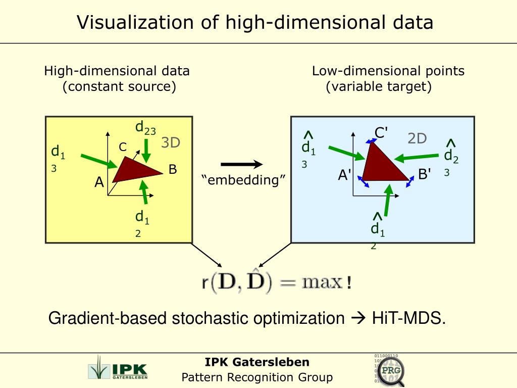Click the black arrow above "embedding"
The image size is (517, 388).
[242, 164]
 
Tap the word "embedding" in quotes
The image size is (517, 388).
[243, 180]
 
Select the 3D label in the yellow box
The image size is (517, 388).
[171, 143]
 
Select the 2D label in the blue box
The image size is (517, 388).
[417, 138]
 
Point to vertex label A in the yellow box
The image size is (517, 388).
[99, 182]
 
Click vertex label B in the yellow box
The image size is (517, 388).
[173, 169]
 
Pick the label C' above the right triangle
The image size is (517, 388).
[381, 133]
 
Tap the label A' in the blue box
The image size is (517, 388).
[345, 175]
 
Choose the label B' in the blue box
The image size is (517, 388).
[425, 175]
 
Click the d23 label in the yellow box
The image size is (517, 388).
[145, 127]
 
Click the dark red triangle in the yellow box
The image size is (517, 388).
[135, 169]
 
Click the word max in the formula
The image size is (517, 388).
[322, 282]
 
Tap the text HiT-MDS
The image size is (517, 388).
[409, 318]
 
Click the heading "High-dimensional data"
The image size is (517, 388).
[117, 71]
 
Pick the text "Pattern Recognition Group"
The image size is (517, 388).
[257, 377]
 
